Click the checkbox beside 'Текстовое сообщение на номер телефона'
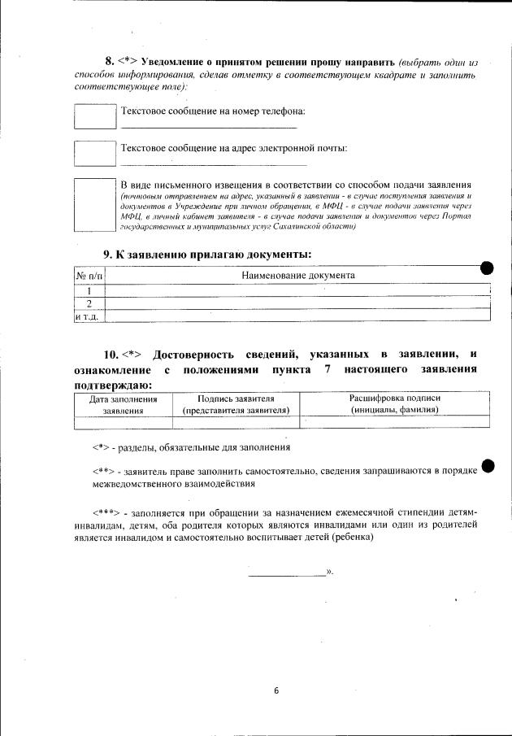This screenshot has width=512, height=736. (x=95, y=115)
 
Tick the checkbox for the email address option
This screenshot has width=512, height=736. (x=95, y=153)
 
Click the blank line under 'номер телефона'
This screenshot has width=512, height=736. (x=209, y=127)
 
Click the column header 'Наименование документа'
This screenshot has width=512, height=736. (x=298, y=276)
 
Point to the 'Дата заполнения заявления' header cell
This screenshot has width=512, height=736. (x=123, y=404)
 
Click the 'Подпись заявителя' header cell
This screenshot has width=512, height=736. (x=236, y=404)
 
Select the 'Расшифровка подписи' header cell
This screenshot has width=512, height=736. (x=395, y=404)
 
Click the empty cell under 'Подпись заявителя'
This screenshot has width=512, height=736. (x=236, y=421)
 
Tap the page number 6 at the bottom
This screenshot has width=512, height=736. (x=276, y=690)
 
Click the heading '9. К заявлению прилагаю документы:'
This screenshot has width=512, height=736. (x=207, y=255)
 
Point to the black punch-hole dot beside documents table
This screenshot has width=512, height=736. (x=487, y=268)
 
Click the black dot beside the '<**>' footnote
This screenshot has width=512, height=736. (x=488, y=466)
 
